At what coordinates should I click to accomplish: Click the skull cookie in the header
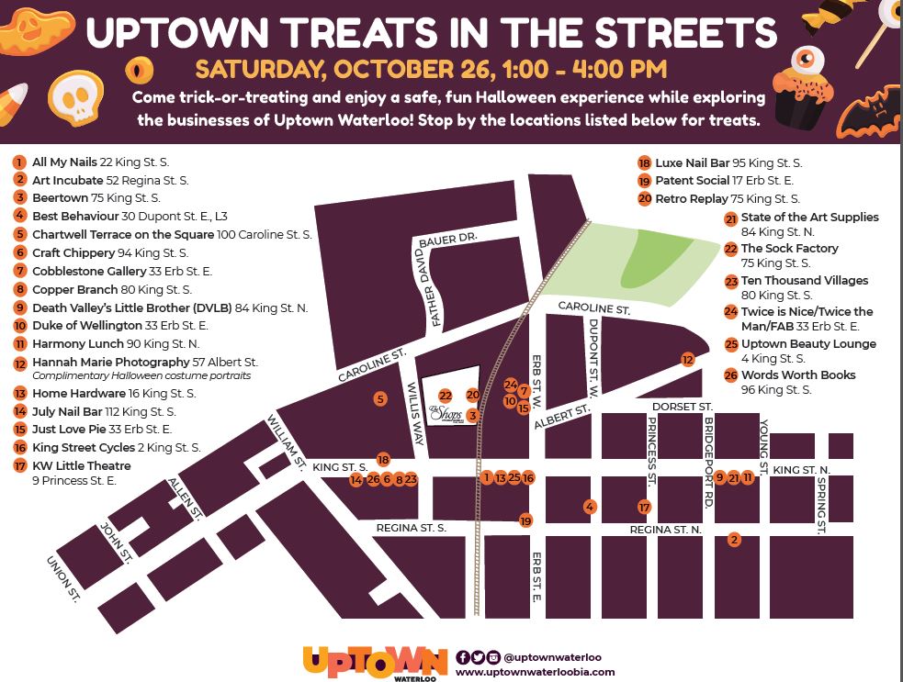tap(73, 99)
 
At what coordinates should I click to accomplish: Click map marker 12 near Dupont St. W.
tap(687, 359)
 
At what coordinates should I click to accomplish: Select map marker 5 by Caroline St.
tap(379, 398)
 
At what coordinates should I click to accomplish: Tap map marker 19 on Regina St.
tap(525, 520)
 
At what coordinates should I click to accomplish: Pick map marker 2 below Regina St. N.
tap(733, 539)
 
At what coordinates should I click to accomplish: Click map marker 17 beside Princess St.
tap(645, 507)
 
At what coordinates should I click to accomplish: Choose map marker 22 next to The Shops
tap(446, 396)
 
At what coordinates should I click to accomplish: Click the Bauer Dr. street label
tap(447, 239)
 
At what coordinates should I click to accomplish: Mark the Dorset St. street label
tap(682, 406)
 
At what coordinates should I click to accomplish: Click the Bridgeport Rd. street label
tap(708, 451)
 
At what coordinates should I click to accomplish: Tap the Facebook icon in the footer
tap(462, 657)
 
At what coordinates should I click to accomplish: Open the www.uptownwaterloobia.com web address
tap(536, 672)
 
